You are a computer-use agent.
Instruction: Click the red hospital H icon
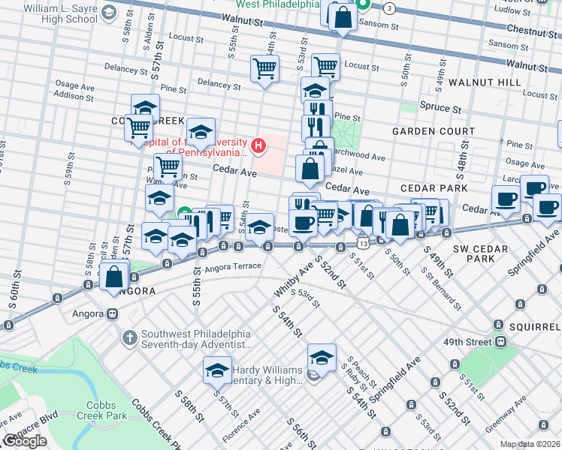(x=259, y=145)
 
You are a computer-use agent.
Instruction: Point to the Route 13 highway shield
(x=363, y=244)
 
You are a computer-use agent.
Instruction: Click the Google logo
(x=25, y=441)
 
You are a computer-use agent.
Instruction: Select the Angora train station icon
(x=111, y=314)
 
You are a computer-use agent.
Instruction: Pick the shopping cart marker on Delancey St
(x=264, y=69)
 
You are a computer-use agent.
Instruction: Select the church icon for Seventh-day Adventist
(x=129, y=338)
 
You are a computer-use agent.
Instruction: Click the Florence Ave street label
(x=240, y=423)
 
